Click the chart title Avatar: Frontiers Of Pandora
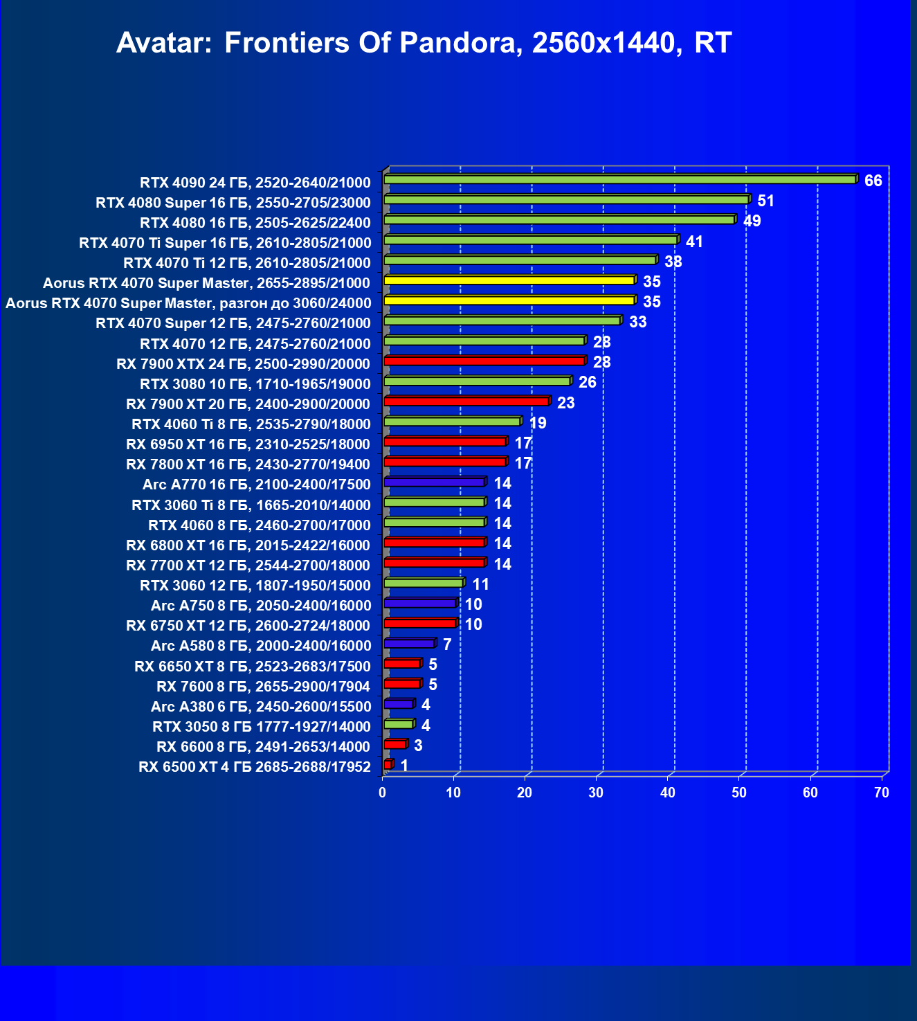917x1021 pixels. [424, 43]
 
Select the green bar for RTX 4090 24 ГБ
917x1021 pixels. [619, 179]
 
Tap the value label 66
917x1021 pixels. [873, 181]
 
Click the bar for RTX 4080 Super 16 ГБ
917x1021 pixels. [566, 199]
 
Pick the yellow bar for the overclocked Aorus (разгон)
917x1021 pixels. [509, 300]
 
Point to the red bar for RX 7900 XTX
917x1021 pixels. [484, 361]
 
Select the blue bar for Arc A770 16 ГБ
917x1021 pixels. [434, 482]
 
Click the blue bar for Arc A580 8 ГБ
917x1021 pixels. [409, 644]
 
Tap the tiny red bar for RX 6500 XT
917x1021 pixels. [388, 764]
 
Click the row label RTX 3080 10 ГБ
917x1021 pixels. [255, 384]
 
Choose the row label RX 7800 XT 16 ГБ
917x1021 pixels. [248, 464]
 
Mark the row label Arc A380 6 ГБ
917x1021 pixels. [261, 707]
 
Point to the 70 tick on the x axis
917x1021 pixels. [881, 793]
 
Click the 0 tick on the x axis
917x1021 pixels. [383, 793]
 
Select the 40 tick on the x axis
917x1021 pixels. [668, 793]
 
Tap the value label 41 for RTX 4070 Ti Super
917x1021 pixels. [694, 242]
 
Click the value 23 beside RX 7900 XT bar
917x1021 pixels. [565, 403]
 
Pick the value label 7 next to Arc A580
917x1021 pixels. [447, 644]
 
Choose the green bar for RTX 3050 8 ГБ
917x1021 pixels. [399, 724]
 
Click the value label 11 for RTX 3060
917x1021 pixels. [480, 584]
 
